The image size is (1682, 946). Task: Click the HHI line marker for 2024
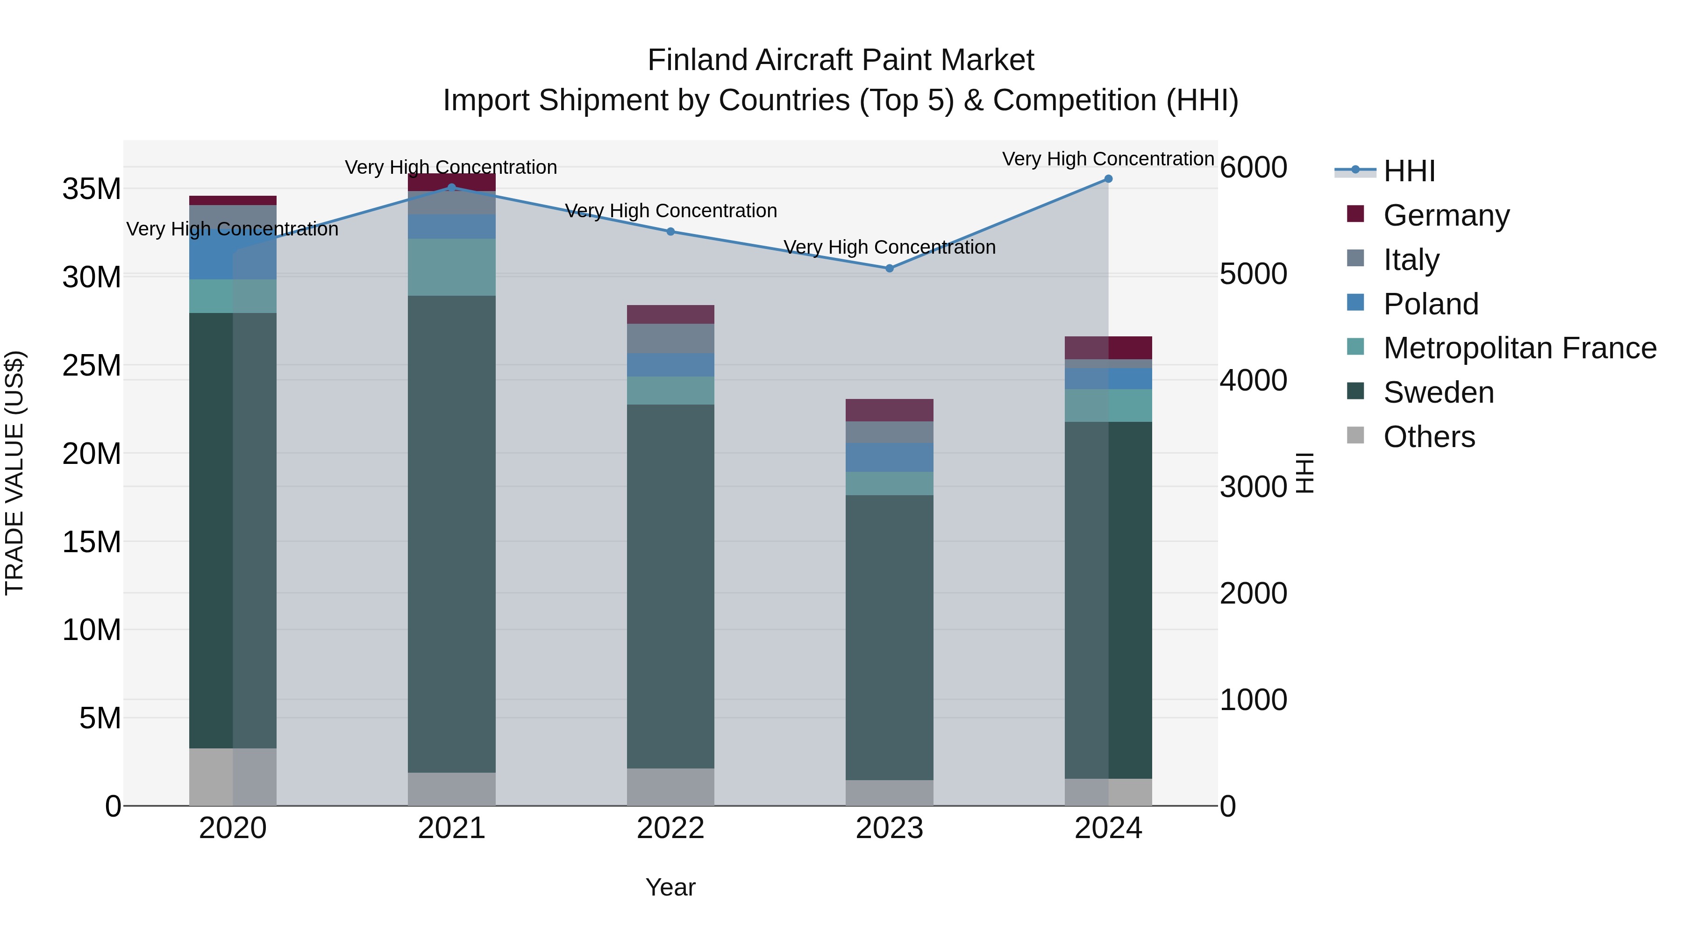(1108, 179)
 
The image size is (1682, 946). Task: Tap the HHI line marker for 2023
(889, 268)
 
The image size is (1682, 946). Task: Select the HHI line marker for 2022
(670, 232)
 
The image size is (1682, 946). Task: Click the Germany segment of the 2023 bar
(889, 410)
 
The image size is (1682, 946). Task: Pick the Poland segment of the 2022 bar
(670, 365)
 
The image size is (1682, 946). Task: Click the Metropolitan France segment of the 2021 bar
(452, 267)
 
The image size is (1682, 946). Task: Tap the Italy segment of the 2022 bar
(670, 338)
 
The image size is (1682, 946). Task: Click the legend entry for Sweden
(1439, 392)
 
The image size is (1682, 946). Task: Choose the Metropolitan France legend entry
(1519, 348)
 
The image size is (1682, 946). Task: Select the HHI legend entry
(1409, 171)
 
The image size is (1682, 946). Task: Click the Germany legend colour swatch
(1355, 214)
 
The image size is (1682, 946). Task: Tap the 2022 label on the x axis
(670, 828)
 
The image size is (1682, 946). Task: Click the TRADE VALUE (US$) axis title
(14, 473)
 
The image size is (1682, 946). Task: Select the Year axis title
(670, 887)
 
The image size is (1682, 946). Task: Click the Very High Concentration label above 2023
(889, 248)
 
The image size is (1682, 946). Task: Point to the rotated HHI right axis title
(1304, 473)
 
